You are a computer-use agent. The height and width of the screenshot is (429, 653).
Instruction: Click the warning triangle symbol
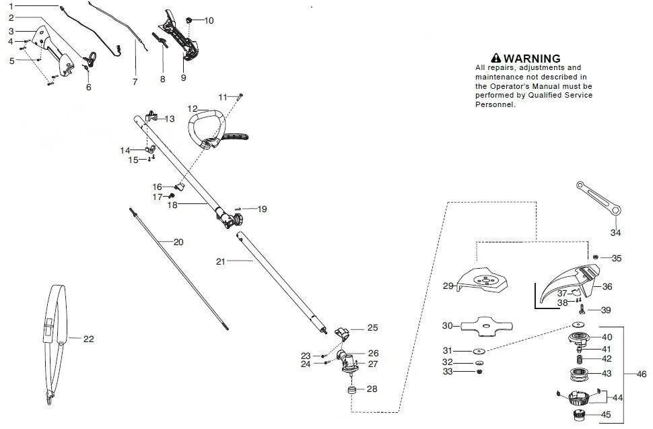pyautogui.click(x=497, y=59)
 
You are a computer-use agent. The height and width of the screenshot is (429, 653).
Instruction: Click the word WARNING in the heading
pyautogui.click(x=532, y=59)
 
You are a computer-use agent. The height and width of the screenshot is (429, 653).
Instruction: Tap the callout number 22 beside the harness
pyautogui.click(x=88, y=339)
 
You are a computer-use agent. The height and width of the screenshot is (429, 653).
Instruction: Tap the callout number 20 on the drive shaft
pyautogui.click(x=178, y=242)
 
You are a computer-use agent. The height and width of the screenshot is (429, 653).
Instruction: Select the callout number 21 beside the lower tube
pyautogui.click(x=221, y=261)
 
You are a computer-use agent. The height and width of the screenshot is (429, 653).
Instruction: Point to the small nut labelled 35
pyautogui.click(x=596, y=257)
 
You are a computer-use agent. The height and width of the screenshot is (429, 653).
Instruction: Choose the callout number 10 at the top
pyautogui.click(x=209, y=21)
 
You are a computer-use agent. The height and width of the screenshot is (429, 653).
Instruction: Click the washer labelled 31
pyautogui.click(x=479, y=350)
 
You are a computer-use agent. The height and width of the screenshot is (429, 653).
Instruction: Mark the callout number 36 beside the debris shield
pyautogui.click(x=607, y=286)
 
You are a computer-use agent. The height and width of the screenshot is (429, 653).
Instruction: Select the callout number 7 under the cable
pyautogui.click(x=135, y=82)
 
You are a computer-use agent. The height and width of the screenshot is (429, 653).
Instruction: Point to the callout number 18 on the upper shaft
pyautogui.click(x=172, y=205)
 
